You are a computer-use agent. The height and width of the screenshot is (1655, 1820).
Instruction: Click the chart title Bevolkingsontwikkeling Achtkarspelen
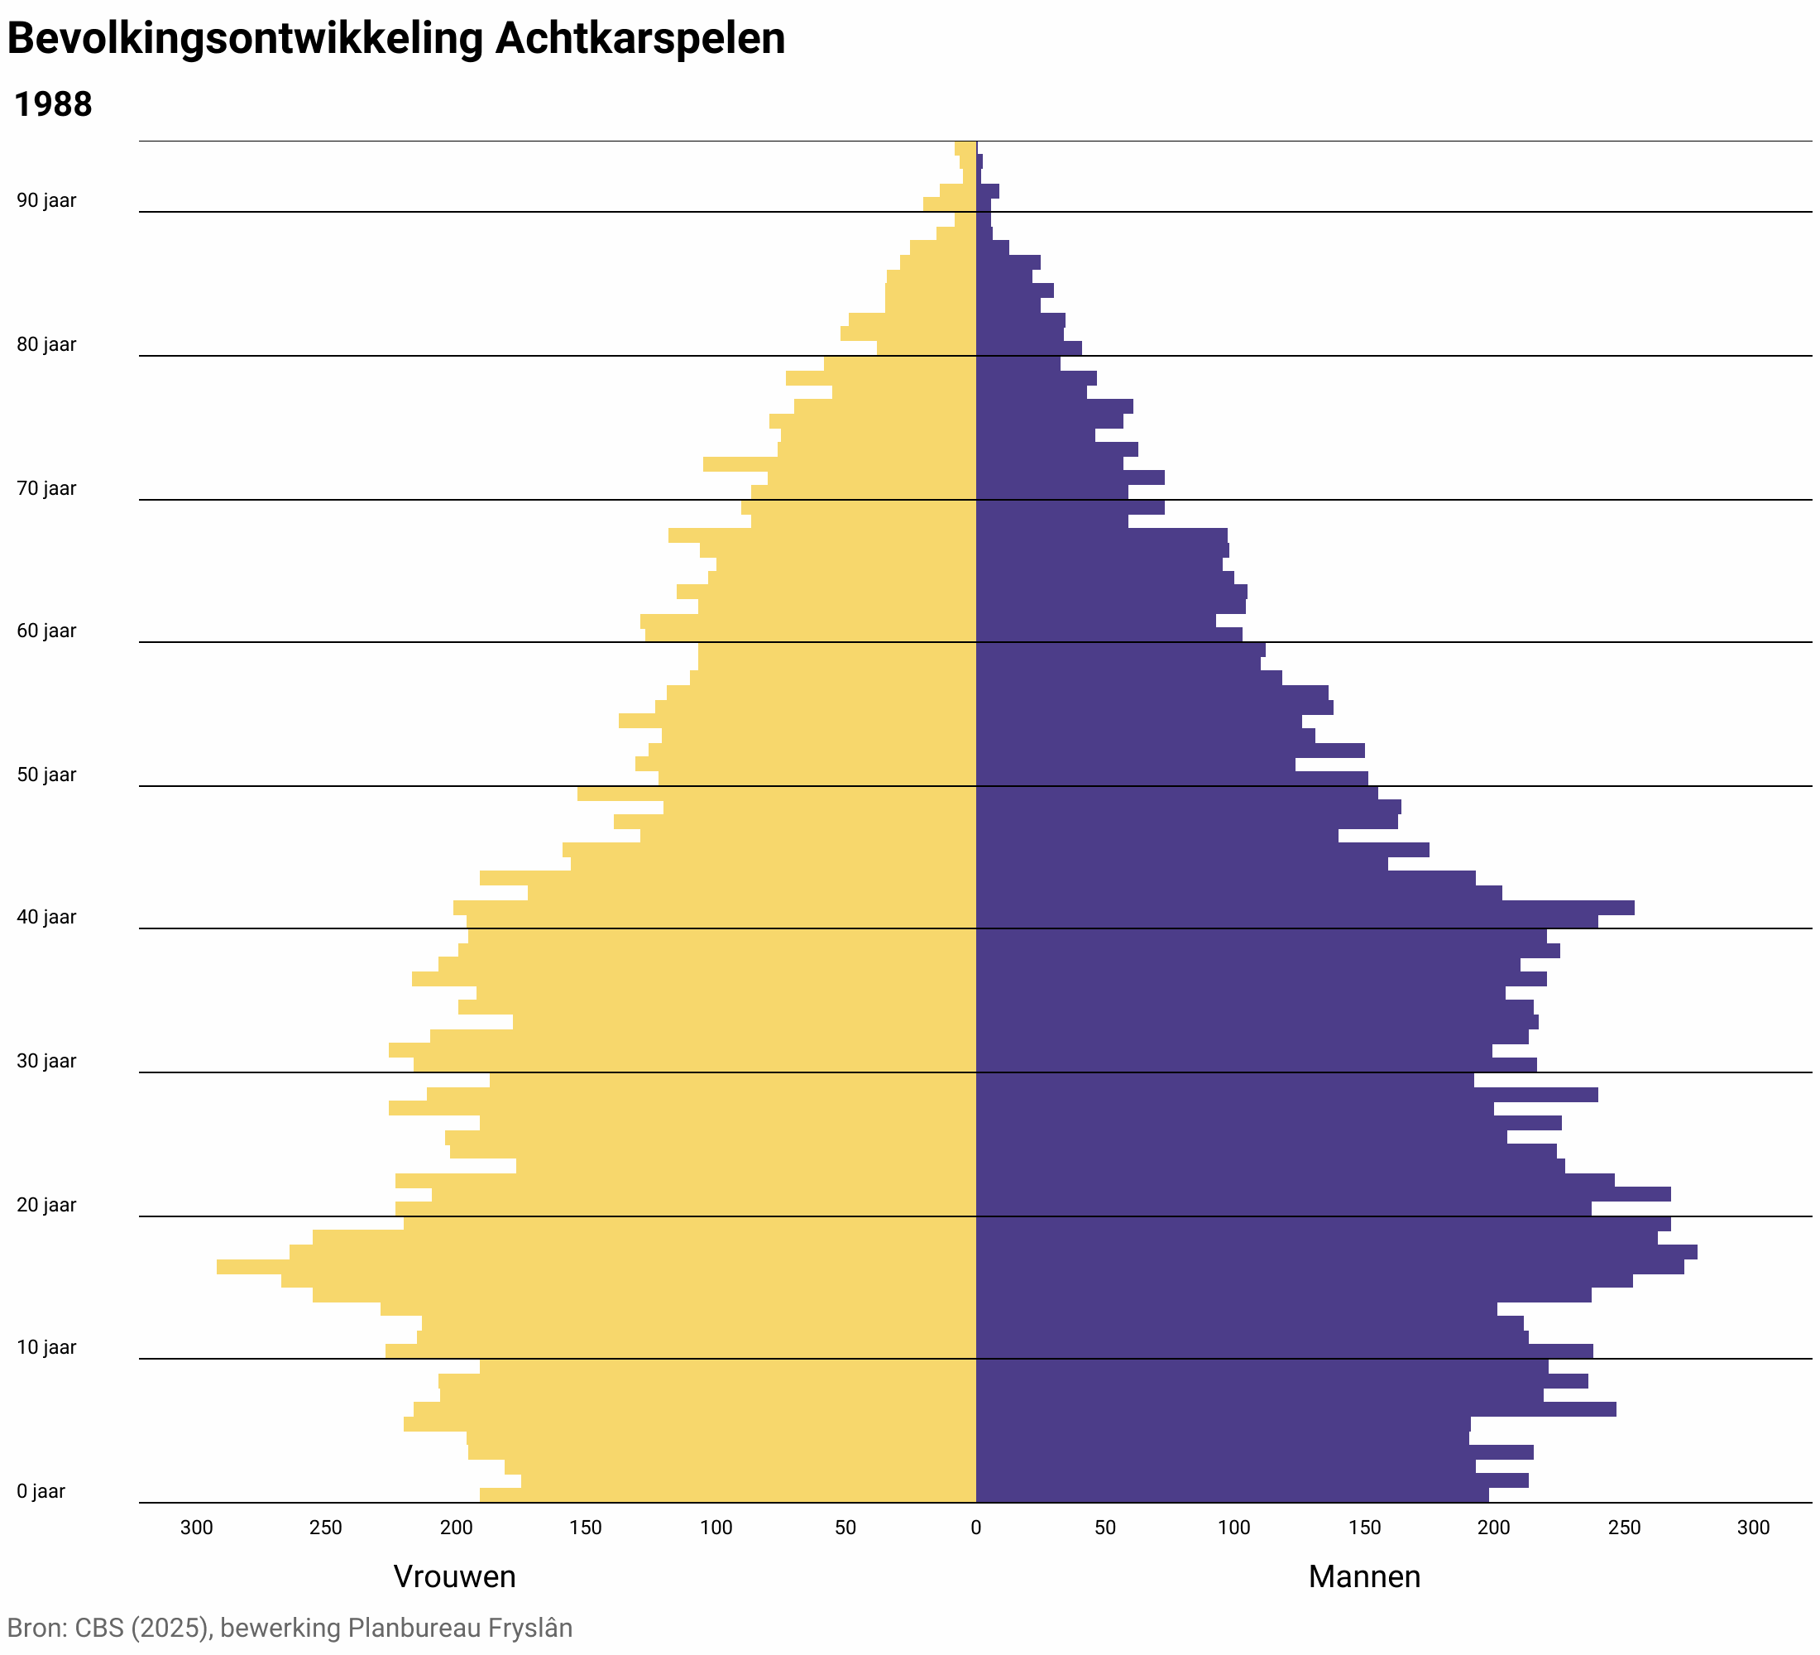click(x=395, y=40)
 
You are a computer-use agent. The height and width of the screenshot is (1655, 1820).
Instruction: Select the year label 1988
click(x=53, y=105)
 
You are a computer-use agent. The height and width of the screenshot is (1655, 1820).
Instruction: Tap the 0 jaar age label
click(x=41, y=1492)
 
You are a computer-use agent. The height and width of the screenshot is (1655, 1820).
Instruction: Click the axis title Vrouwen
click(x=454, y=1576)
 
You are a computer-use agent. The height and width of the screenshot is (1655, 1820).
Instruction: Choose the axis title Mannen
click(x=1363, y=1576)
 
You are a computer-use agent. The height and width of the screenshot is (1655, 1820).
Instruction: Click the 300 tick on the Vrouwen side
click(x=197, y=1528)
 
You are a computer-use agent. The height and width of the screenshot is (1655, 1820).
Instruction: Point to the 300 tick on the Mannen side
click(x=1753, y=1528)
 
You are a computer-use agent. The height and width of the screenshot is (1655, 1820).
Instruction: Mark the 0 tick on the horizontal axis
click(x=975, y=1528)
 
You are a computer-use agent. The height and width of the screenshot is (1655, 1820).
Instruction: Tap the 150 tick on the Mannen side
click(x=1364, y=1528)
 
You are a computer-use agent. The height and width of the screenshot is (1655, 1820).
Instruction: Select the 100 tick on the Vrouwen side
click(x=716, y=1528)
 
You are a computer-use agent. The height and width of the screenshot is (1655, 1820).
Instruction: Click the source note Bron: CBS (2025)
click(x=108, y=1628)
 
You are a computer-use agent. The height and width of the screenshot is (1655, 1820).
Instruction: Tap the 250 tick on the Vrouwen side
click(x=326, y=1528)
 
